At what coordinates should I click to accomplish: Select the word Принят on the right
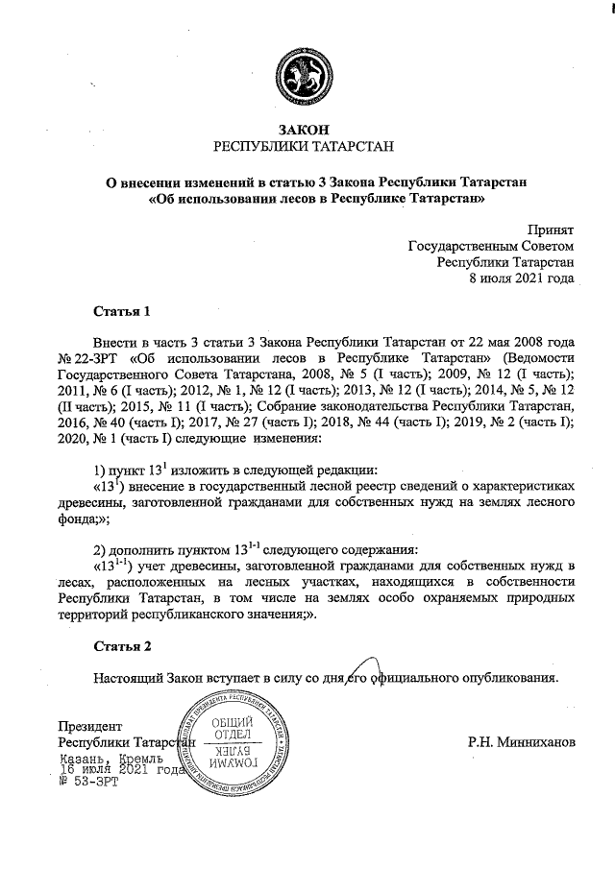tap(551, 229)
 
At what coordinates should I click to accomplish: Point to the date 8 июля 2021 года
tap(521, 278)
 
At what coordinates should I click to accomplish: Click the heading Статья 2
tap(122, 647)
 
